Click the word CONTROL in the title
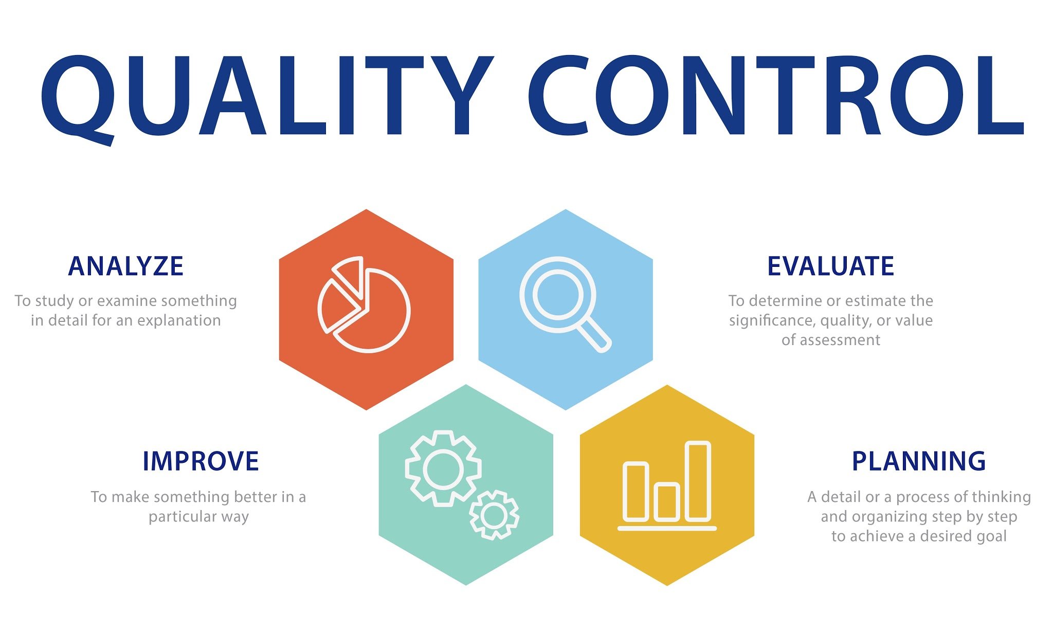click(x=776, y=95)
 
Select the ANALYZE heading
click(x=126, y=266)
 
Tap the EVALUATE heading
click(x=830, y=266)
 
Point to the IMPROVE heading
click(x=201, y=461)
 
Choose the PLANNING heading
click(x=919, y=461)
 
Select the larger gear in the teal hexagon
click(x=443, y=468)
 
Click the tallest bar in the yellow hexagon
click(x=698, y=481)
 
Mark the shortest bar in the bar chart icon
click(x=667, y=501)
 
